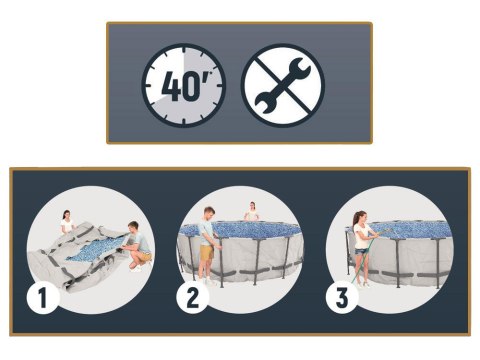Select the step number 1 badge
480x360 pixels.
[x=43, y=297]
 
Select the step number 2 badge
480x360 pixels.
[x=193, y=297]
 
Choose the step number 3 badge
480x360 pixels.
[x=342, y=297]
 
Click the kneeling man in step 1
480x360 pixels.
[x=137, y=246]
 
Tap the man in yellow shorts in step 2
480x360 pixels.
[x=208, y=245]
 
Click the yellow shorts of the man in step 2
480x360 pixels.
[x=207, y=253]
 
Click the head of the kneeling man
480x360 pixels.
[x=133, y=227]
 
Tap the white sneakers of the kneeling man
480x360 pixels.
[x=137, y=267]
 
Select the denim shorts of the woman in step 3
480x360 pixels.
[x=360, y=251]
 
